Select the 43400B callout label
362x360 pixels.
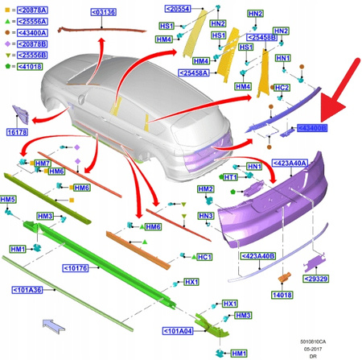[x=312, y=128]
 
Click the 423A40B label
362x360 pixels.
[x=258, y=255]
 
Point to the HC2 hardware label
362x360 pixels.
[x=282, y=87]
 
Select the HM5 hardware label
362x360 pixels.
[x=9, y=199]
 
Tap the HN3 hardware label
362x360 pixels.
[x=207, y=216]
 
